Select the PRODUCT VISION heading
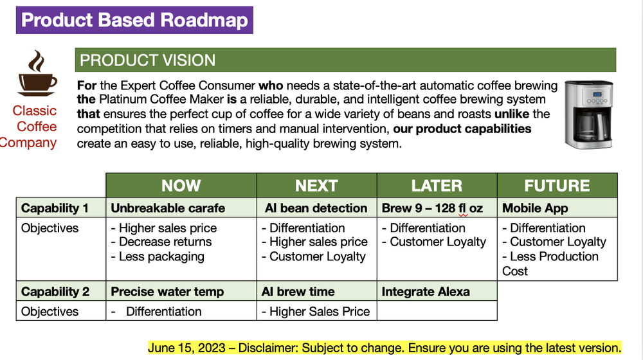coord(147,60)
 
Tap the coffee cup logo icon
coord(37,74)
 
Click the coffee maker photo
coord(588,114)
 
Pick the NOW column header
coord(181,186)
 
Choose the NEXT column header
coord(316,186)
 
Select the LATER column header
coord(437,186)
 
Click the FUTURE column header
coord(557,186)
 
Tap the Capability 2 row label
coord(55,292)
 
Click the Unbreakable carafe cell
coord(168,208)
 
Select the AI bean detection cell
coord(316,208)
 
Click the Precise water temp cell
coord(167,292)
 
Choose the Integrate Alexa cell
coord(426,292)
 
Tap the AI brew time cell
coord(298,292)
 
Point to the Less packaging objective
coord(161,256)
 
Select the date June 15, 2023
coord(186,348)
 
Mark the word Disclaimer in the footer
coord(268,348)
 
